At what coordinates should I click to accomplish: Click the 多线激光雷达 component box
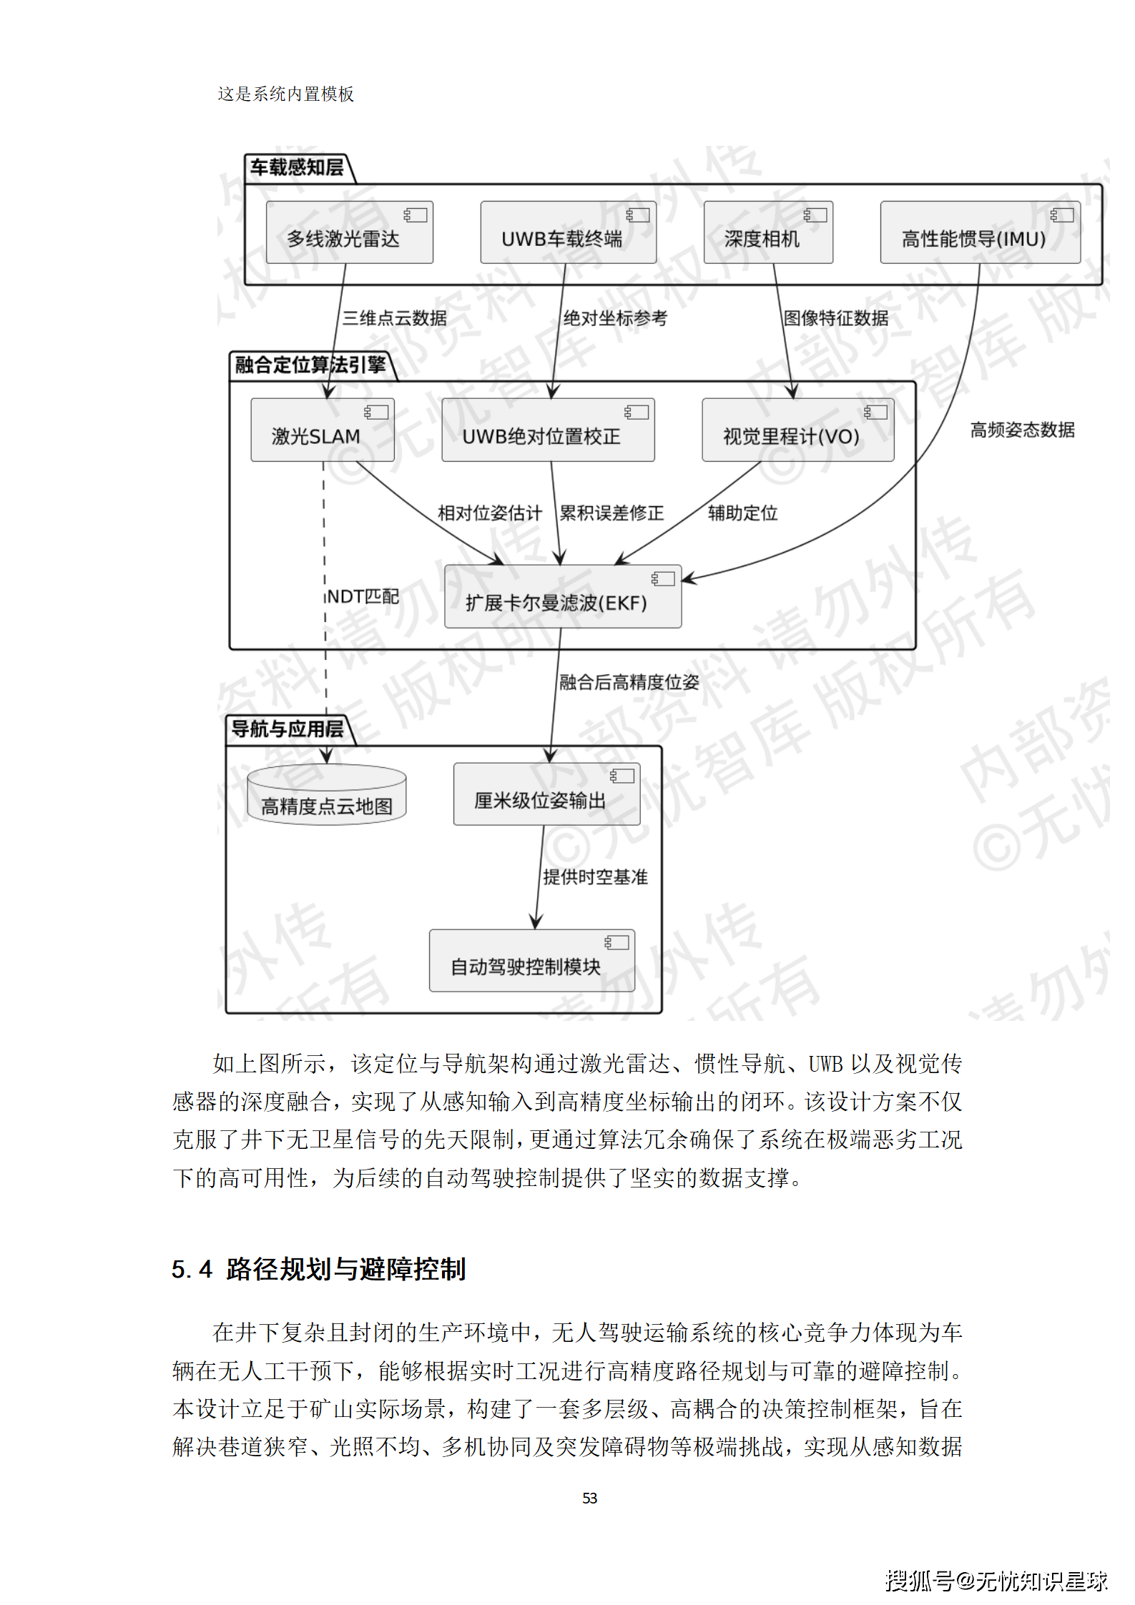click(x=349, y=232)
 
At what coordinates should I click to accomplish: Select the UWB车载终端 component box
click(x=568, y=232)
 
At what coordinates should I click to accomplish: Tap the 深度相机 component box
click(x=767, y=232)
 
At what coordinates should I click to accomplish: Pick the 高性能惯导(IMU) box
click(x=979, y=232)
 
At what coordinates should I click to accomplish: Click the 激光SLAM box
click(x=322, y=430)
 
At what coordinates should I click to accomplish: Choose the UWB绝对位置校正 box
click(x=547, y=430)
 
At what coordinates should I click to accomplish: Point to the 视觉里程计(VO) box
click(x=797, y=430)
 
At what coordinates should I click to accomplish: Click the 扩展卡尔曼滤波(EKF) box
click(x=562, y=596)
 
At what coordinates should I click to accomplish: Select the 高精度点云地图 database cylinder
click(x=326, y=795)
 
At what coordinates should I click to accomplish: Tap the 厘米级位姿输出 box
click(x=546, y=794)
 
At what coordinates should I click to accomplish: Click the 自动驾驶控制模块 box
click(x=531, y=960)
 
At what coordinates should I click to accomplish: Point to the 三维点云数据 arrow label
click(x=394, y=318)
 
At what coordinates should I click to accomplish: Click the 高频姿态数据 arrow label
click(x=1022, y=430)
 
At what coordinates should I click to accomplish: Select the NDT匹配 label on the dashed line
click(x=363, y=596)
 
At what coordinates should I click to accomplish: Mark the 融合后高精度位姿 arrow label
click(x=629, y=682)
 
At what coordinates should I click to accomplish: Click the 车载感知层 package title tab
click(x=296, y=168)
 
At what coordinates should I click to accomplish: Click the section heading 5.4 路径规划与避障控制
click(x=318, y=1269)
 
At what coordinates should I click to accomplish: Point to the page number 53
click(x=589, y=1498)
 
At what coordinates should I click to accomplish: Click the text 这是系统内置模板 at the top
click(x=285, y=94)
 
